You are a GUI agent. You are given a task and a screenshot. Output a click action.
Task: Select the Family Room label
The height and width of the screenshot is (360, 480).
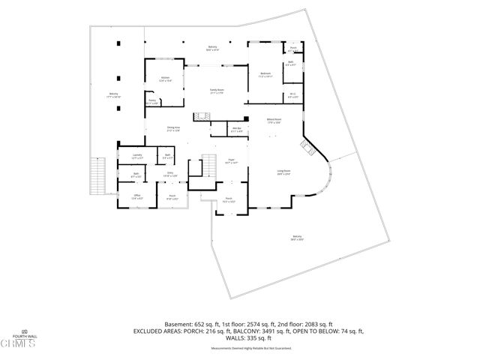tap(217, 90)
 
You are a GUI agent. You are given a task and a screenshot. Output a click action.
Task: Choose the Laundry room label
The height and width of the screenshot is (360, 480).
tap(136, 157)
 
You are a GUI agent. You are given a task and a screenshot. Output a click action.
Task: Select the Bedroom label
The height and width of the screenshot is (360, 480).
tap(265, 74)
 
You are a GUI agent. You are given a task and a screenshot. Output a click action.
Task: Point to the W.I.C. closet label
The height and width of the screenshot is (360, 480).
tap(293, 95)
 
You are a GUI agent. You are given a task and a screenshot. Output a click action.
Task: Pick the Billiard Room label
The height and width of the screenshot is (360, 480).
tap(274, 120)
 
